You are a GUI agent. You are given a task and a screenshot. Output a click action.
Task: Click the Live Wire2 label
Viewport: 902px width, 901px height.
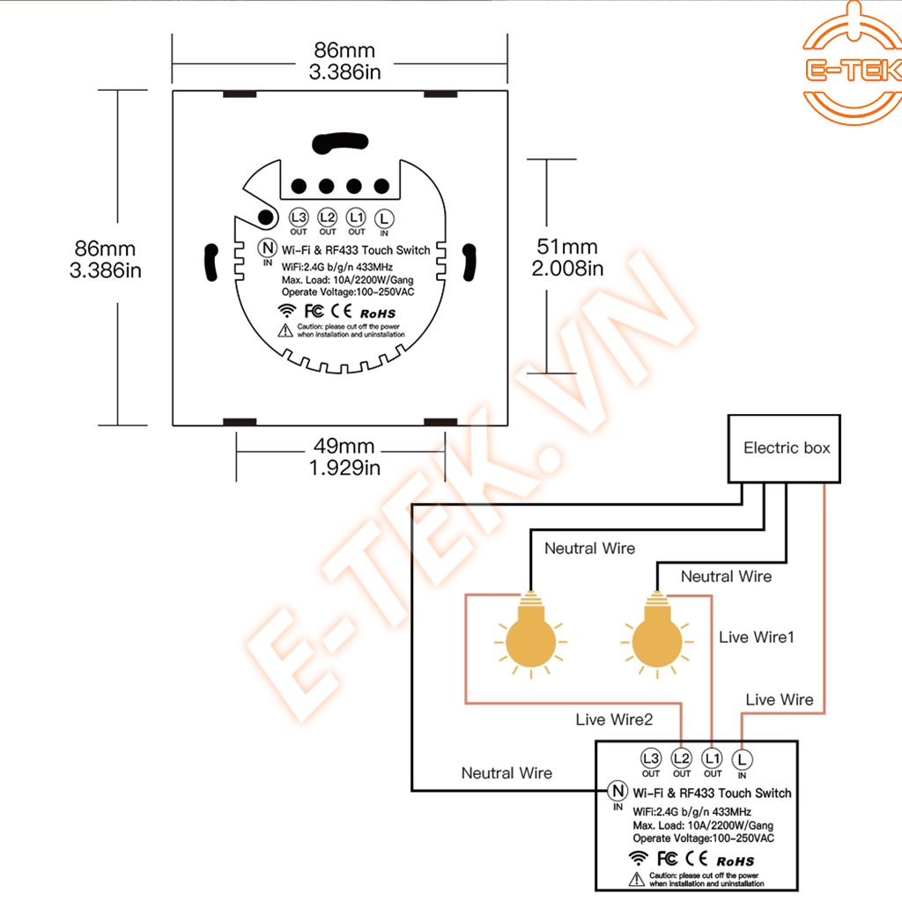click(x=614, y=720)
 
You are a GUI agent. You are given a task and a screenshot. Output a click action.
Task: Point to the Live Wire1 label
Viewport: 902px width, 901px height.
click(x=757, y=636)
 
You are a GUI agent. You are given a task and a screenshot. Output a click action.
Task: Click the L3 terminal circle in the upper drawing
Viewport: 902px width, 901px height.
click(x=299, y=217)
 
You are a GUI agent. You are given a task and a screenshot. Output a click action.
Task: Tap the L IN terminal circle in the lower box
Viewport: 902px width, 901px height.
click(x=742, y=757)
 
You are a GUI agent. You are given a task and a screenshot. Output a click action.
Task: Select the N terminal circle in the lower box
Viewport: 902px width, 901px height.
click(x=618, y=791)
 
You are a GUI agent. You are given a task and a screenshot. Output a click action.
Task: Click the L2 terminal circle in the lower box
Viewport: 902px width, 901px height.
click(x=681, y=757)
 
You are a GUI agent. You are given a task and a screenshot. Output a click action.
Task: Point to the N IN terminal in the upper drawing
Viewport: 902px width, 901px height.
click(x=267, y=249)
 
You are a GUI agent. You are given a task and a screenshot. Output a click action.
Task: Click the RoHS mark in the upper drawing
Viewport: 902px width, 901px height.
click(x=377, y=313)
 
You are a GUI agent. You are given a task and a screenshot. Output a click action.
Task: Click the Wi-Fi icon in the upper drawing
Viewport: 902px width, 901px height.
click(x=286, y=311)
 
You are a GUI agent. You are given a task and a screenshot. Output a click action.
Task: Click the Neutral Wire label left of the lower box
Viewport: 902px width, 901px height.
click(x=506, y=772)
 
